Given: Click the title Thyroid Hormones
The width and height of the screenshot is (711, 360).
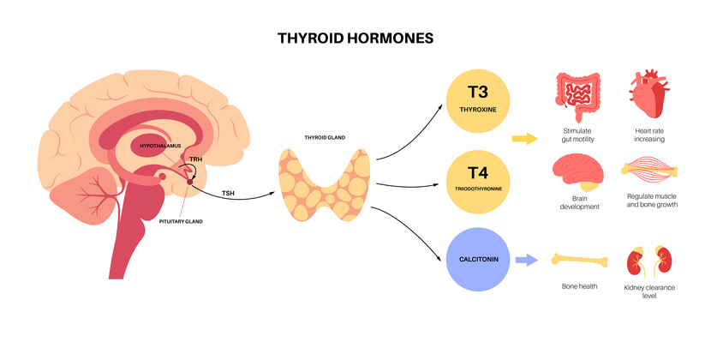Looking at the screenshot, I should click(355, 39).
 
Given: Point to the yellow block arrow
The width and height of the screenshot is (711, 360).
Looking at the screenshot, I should click(524, 138).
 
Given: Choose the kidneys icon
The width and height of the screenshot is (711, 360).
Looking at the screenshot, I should click(648, 261).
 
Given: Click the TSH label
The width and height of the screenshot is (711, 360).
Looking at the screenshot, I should click(229, 192).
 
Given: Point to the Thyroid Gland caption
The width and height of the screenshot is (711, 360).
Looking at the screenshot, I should click(325, 137).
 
